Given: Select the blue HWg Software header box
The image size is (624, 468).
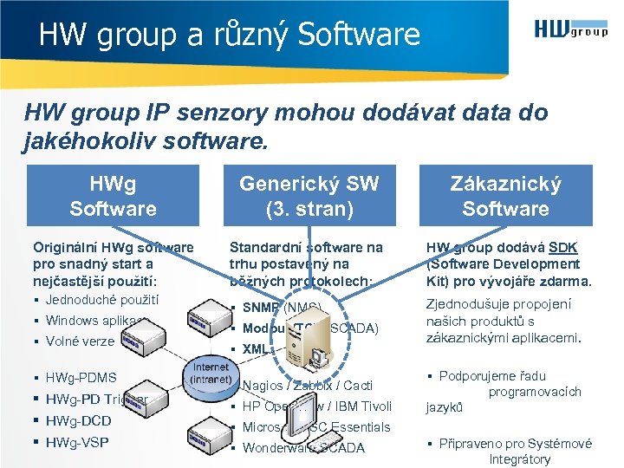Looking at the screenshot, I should click(x=113, y=196).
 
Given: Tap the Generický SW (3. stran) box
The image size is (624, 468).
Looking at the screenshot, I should click(x=309, y=196).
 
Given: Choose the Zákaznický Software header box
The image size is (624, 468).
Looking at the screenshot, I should click(x=505, y=196).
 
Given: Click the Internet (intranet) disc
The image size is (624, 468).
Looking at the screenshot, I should click(x=210, y=374).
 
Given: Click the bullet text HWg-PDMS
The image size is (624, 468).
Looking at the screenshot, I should click(x=81, y=378).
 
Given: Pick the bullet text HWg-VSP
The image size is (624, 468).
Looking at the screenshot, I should click(x=77, y=443).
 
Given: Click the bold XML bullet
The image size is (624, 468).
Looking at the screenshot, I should click(x=257, y=349).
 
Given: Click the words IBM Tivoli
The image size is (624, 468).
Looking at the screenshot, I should click(x=364, y=406).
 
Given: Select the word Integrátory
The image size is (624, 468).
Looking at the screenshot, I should click(x=519, y=459).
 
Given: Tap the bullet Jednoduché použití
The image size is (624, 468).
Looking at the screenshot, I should click(x=102, y=300).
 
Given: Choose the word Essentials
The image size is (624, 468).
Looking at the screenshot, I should click(x=358, y=427).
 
